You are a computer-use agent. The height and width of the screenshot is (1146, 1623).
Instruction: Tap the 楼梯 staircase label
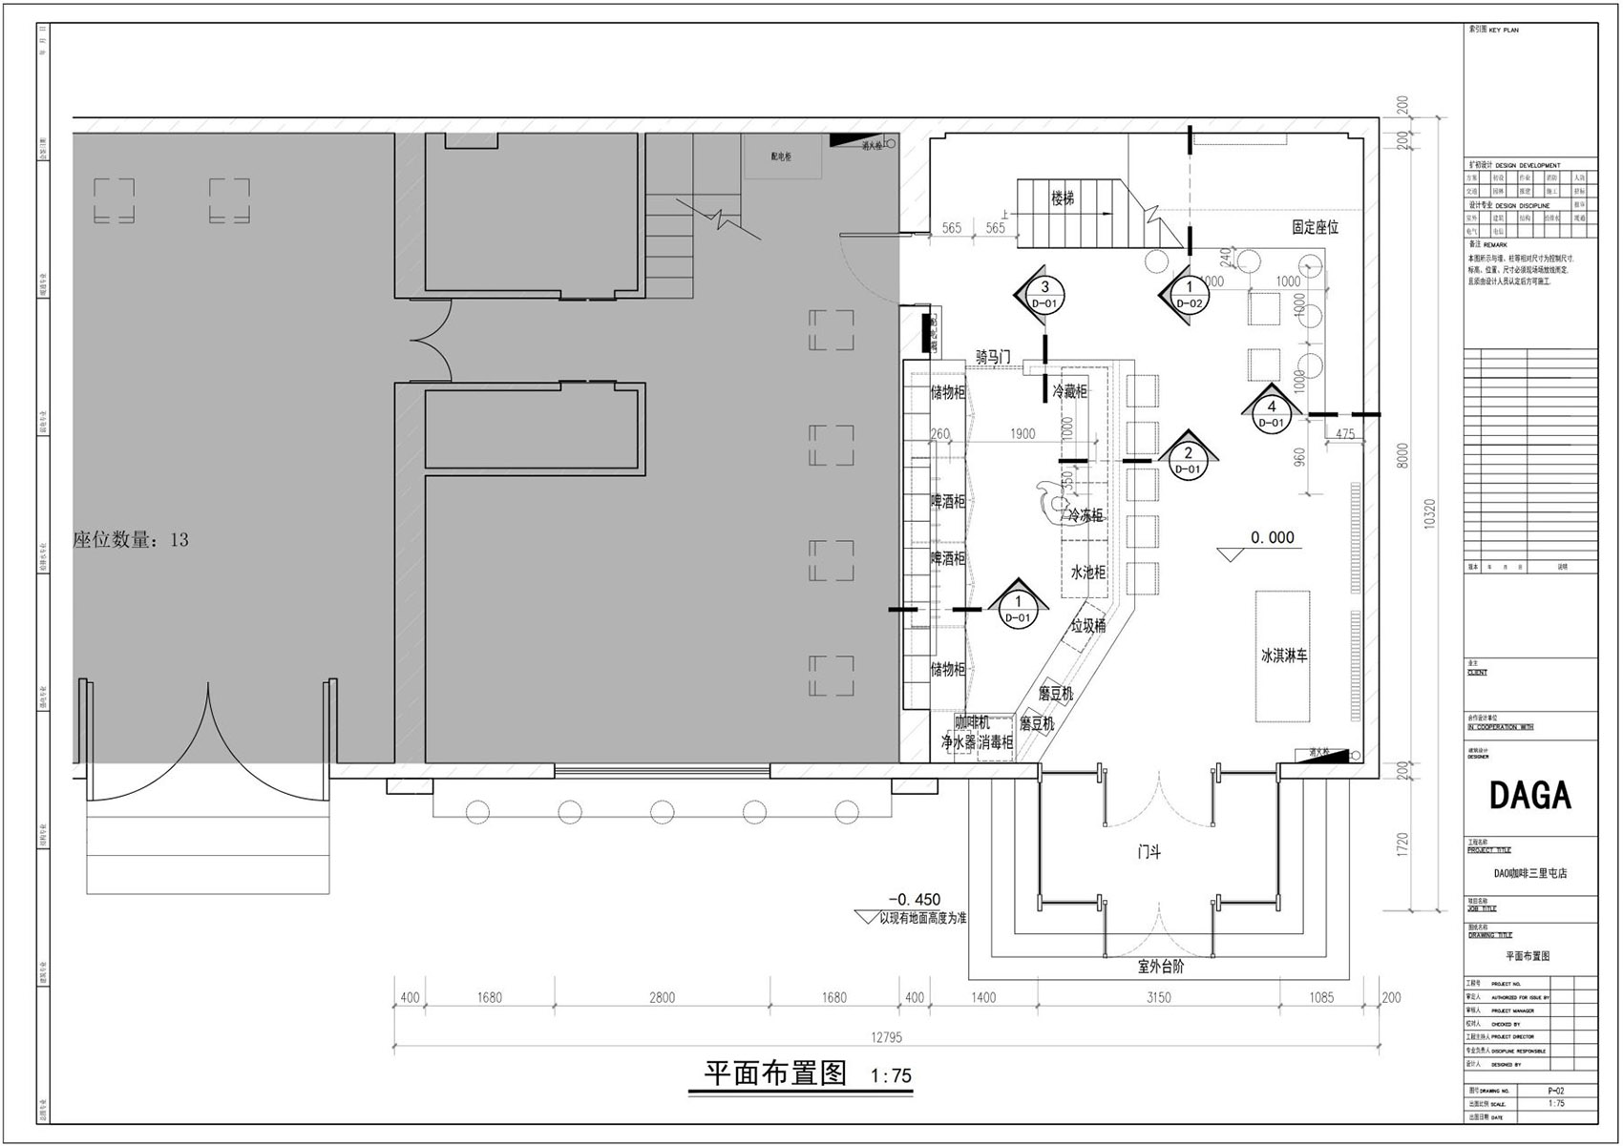pyautogui.click(x=1063, y=198)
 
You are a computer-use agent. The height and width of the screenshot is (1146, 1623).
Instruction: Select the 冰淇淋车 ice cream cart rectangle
pyautogui.click(x=1283, y=656)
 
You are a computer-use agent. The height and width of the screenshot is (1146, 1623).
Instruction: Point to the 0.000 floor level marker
pyautogui.click(x=1273, y=538)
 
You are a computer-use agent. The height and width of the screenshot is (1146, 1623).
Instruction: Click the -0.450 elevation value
pyautogui.click(x=914, y=899)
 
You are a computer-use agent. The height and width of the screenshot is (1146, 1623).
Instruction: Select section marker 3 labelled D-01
pyautogui.click(x=1044, y=294)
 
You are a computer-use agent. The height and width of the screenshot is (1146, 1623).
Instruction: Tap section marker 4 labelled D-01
pyautogui.click(x=1271, y=413)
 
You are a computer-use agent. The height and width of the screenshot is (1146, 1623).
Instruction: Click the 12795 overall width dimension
pyautogui.click(x=886, y=1037)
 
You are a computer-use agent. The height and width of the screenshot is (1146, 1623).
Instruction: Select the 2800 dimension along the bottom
pyautogui.click(x=662, y=998)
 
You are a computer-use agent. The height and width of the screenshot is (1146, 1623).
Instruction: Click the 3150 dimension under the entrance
pyautogui.click(x=1158, y=998)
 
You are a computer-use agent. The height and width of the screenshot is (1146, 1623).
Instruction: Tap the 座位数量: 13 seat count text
pyautogui.click(x=131, y=540)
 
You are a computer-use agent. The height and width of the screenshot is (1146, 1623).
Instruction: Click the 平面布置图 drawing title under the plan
pyautogui.click(x=775, y=1073)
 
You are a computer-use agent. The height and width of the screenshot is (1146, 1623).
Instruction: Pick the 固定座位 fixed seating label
pyautogui.click(x=1315, y=227)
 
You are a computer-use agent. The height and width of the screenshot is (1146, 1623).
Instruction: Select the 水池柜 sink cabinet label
pyautogui.click(x=1087, y=573)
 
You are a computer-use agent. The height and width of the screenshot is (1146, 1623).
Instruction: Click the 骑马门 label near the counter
pyautogui.click(x=993, y=356)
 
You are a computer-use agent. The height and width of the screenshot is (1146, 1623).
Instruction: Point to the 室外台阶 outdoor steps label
pyautogui.click(x=1161, y=967)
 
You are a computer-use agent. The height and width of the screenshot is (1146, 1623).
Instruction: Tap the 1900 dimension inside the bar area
pyautogui.click(x=1022, y=434)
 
